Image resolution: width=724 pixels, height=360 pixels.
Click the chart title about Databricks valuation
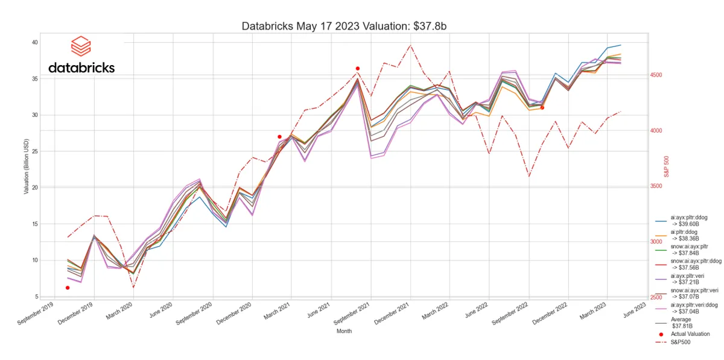click(343, 27)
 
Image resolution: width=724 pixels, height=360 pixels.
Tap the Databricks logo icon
click(80, 46)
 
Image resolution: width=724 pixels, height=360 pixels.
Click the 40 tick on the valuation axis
click(34, 42)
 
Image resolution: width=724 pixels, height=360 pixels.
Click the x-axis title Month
click(344, 331)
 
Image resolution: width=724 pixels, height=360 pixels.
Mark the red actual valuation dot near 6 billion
click(68, 288)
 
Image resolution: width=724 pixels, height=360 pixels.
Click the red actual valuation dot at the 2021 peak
click(358, 69)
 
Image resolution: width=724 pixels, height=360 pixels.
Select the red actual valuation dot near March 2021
click(279, 137)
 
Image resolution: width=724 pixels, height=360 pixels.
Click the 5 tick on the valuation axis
click(36, 297)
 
